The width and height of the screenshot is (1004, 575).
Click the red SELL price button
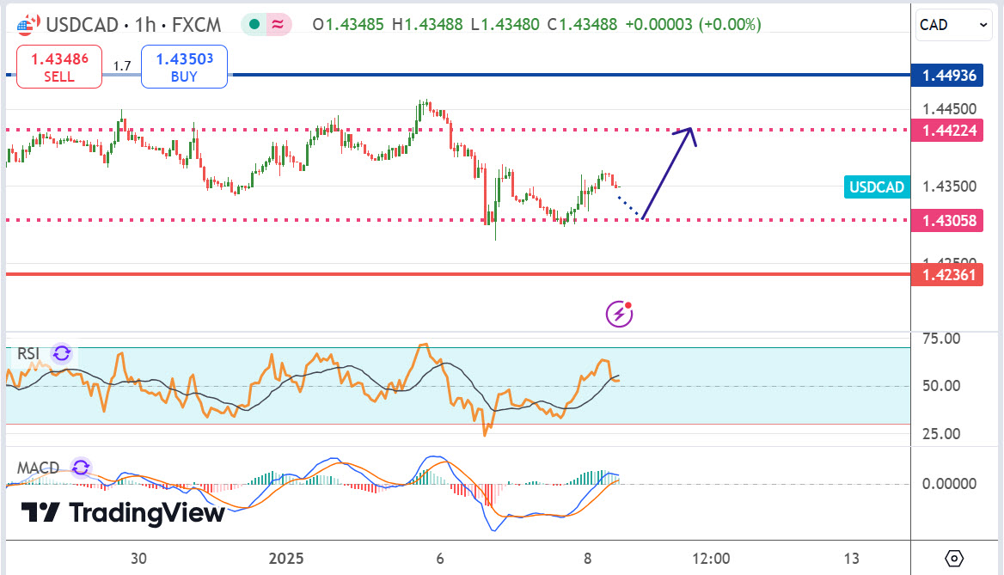(x=59, y=67)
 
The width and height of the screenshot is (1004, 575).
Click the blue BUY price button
(x=184, y=67)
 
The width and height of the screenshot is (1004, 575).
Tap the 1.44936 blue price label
(x=949, y=76)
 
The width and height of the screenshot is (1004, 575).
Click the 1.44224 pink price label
(x=949, y=131)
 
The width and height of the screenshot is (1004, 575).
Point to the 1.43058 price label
(x=949, y=220)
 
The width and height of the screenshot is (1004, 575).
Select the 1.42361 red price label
(x=949, y=275)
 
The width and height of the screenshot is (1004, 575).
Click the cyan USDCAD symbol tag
(x=877, y=187)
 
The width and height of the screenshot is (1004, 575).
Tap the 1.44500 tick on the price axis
(x=948, y=109)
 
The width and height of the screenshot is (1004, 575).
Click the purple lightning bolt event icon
(x=620, y=315)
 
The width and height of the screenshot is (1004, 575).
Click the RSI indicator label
(x=29, y=353)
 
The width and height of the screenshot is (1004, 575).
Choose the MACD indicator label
(x=38, y=468)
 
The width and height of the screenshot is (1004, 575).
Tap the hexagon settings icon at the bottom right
(x=955, y=558)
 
